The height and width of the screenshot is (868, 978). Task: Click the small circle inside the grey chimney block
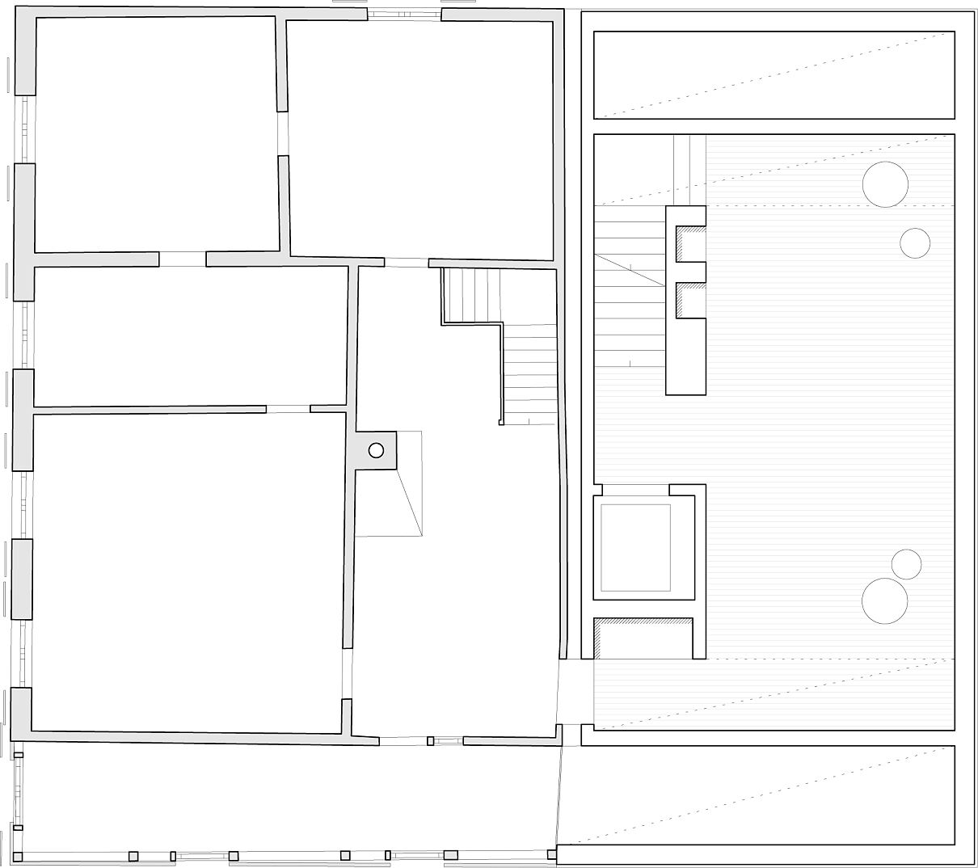(x=376, y=450)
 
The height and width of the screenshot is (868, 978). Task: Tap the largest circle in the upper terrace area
(x=885, y=184)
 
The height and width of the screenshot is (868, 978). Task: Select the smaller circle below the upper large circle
(x=915, y=242)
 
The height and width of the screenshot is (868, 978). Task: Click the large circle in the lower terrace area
(x=884, y=600)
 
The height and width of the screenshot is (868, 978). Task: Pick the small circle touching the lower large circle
(x=907, y=564)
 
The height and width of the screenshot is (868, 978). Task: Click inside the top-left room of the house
(x=158, y=133)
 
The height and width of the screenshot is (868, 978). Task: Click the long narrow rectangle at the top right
(x=774, y=74)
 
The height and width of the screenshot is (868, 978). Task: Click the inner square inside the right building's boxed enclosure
(x=635, y=547)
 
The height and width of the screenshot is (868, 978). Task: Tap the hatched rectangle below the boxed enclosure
(x=643, y=638)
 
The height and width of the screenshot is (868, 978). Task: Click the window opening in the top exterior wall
(x=404, y=15)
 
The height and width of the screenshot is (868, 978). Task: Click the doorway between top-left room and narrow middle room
(x=183, y=259)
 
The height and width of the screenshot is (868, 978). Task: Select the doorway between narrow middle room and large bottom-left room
(x=288, y=409)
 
